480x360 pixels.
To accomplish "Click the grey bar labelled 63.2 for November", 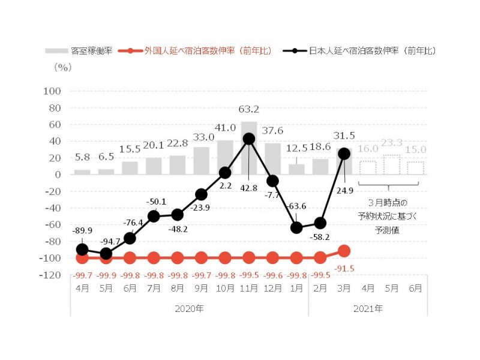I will [x=249, y=148].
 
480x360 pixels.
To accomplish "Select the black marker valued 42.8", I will [x=249, y=139].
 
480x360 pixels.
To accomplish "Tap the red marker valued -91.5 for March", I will [x=344, y=251].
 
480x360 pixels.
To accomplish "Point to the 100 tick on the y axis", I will [x=53, y=91].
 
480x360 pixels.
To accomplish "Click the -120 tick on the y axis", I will [x=51, y=275].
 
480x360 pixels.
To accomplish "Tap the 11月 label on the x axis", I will [x=249, y=287].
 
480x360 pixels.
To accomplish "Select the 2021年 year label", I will [x=368, y=308].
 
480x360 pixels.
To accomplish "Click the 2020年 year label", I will [x=190, y=308].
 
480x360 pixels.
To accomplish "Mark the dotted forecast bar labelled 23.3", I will [x=392, y=164].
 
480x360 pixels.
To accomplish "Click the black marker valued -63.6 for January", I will [x=297, y=227].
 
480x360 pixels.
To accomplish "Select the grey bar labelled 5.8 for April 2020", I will [x=82, y=172].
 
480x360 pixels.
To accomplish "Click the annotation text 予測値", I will [x=392, y=231].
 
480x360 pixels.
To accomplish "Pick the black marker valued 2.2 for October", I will [x=225, y=173].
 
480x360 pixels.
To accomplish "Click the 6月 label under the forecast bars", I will [x=415, y=287].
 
